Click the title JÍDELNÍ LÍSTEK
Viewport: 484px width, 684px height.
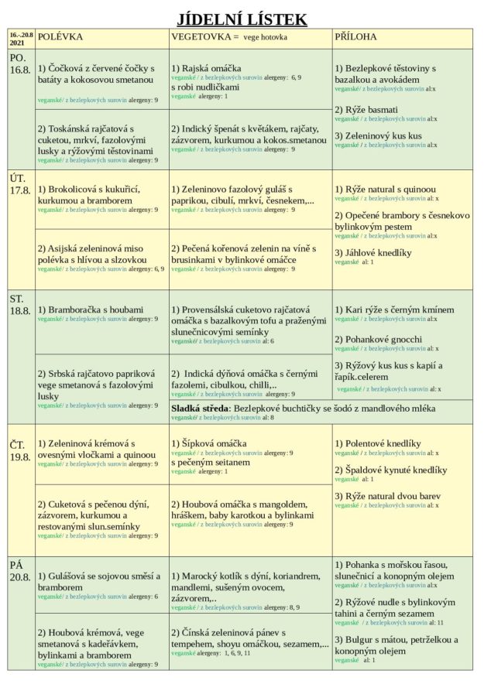pyautogui.click(x=242, y=19)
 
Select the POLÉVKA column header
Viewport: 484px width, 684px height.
pyautogui.click(x=60, y=36)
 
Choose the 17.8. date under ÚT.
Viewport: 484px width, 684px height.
pyautogui.click(x=19, y=190)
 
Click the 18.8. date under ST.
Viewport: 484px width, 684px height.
pyautogui.click(x=19, y=310)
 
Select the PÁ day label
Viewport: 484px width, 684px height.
pyautogui.click(x=16, y=564)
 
